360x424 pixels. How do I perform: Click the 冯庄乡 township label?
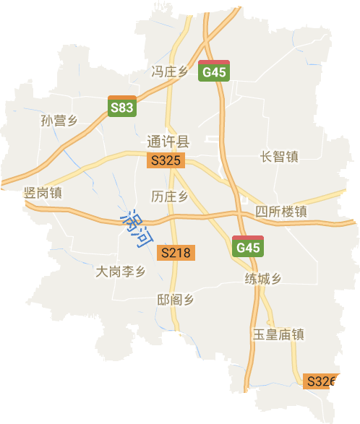(169, 71)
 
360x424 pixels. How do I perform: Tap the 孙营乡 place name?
(59, 121)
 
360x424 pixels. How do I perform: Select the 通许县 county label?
(168, 142)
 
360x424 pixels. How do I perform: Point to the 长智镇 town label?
(279, 157)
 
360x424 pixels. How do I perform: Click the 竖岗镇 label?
(43, 193)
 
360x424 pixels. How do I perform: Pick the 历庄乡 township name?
(170, 196)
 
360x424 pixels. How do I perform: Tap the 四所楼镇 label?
(282, 212)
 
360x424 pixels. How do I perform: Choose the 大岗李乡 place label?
(121, 272)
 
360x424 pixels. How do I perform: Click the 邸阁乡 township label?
(176, 300)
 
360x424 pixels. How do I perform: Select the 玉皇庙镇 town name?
(278, 334)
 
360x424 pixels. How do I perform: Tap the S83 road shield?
(121, 107)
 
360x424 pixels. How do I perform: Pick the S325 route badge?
(163, 161)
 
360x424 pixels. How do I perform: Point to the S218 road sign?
(176, 253)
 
